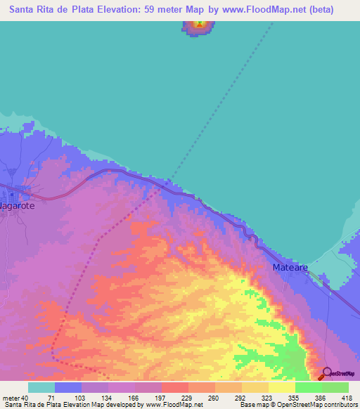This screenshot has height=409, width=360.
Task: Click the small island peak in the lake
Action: click(200, 26)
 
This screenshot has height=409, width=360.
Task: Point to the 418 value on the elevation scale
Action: click(347, 398)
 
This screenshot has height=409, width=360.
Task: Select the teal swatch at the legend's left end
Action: click(41, 387)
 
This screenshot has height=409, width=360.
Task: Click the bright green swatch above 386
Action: click(308, 387)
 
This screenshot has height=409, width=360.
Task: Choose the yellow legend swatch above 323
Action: click(255, 387)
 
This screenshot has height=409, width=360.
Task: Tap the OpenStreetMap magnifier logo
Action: click(328, 374)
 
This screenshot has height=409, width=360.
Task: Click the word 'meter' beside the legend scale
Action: click(12, 398)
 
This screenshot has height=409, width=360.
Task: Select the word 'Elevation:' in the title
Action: click(116, 10)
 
